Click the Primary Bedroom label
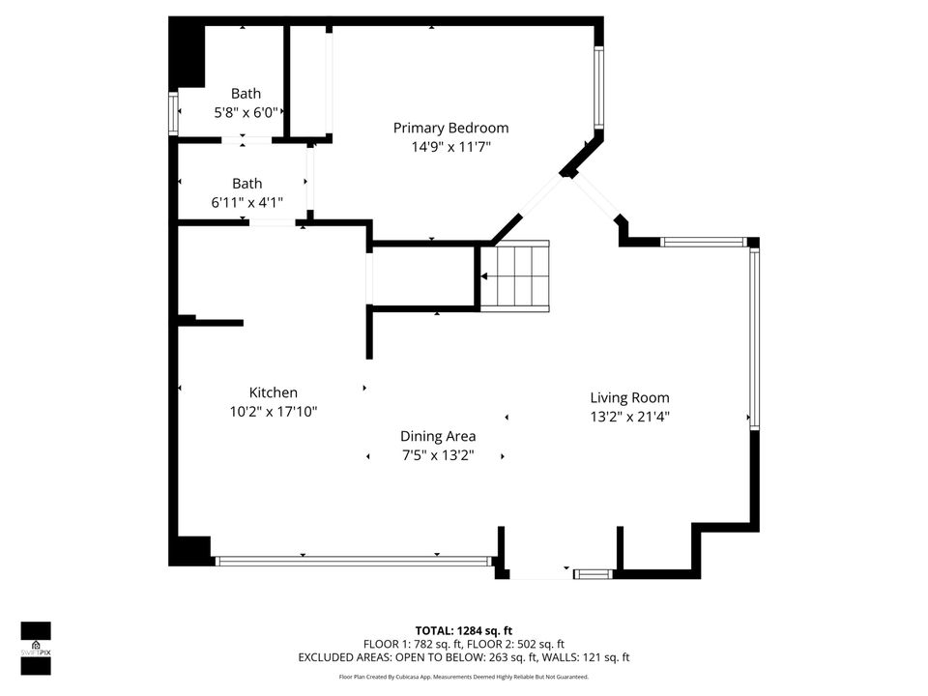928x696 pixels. click(x=450, y=128)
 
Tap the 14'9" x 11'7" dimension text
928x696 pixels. click(x=450, y=148)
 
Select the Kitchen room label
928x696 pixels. click(x=274, y=392)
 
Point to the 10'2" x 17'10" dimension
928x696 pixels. click(x=274, y=412)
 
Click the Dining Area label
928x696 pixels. click(x=438, y=436)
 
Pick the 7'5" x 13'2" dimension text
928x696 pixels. click(x=438, y=455)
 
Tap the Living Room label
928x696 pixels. click(x=629, y=397)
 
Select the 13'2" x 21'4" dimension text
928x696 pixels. click(x=629, y=418)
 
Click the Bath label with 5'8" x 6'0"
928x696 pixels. click(x=246, y=94)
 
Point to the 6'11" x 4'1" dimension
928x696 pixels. click(x=246, y=203)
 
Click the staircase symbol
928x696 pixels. click(x=515, y=275)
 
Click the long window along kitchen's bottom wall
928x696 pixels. click(x=353, y=561)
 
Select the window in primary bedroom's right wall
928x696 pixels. click(x=599, y=87)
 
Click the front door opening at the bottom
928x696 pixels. click(x=539, y=574)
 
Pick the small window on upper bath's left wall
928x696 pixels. click(x=174, y=114)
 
